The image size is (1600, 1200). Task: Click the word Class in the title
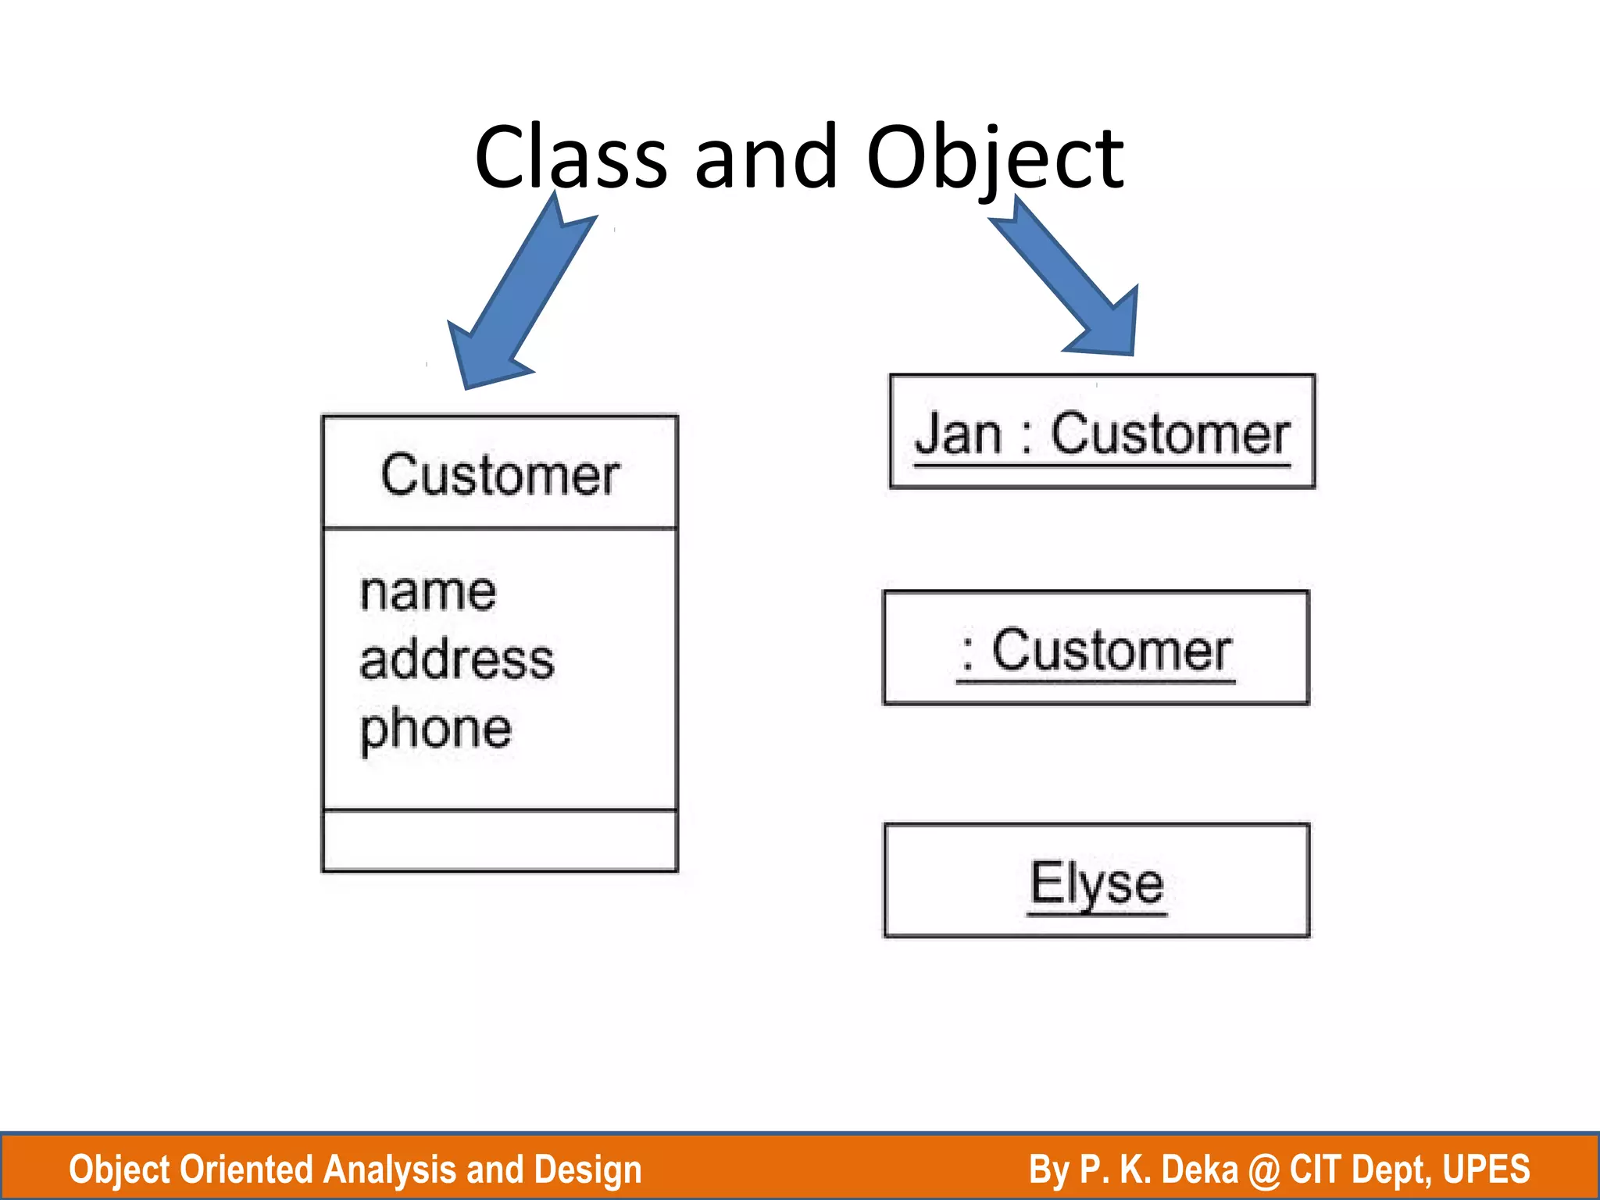point(570,158)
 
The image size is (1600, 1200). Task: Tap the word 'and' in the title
point(766,158)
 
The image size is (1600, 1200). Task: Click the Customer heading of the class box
point(500,475)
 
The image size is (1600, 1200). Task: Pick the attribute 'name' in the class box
point(427,591)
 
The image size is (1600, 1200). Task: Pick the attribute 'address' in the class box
point(457,660)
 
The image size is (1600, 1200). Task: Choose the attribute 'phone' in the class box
point(435,729)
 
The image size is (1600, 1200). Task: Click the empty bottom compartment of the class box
point(500,841)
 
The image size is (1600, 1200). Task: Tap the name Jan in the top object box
point(958,434)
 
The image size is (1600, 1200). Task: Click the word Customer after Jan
point(1170,434)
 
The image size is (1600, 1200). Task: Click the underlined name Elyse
point(1096,883)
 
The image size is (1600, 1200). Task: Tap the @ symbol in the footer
point(1263,1170)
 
